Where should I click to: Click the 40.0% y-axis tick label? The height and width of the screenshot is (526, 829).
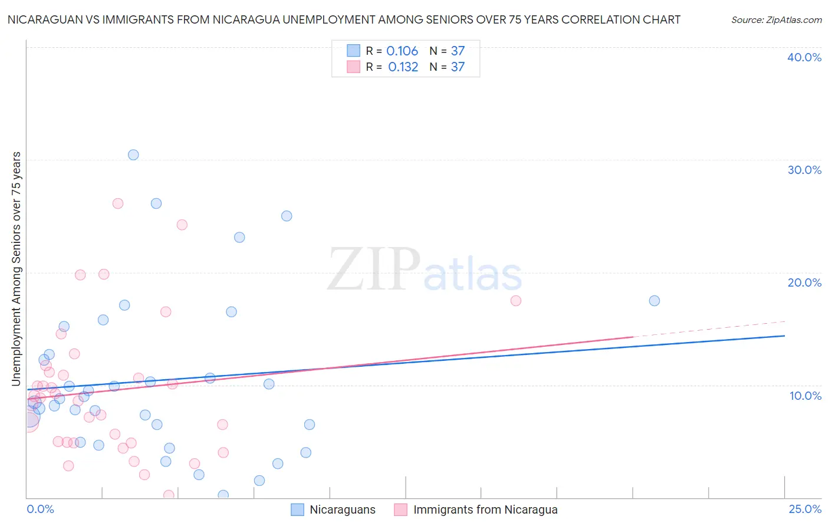click(x=804, y=57)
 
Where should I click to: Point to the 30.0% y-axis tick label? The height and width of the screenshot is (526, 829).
click(x=804, y=170)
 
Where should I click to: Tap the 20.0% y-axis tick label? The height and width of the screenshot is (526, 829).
click(x=804, y=282)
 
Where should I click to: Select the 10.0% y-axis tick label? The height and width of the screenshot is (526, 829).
click(x=805, y=396)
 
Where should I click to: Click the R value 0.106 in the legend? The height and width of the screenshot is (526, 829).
click(x=402, y=51)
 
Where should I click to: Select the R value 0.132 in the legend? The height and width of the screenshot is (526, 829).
click(x=403, y=67)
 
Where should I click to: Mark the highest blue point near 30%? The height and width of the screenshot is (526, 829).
click(x=133, y=155)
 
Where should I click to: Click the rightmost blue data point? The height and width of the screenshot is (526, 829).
click(x=654, y=301)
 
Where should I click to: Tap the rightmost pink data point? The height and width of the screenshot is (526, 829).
click(x=516, y=301)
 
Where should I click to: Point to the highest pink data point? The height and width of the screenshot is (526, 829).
click(x=118, y=203)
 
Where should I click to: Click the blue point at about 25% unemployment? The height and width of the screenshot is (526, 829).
click(x=287, y=216)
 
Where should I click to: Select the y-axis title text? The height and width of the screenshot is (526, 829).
click(x=16, y=269)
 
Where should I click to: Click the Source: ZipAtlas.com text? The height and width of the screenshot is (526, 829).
click(x=776, y=20)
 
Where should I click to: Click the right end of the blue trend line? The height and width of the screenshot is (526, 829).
click(x=784, y=336)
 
